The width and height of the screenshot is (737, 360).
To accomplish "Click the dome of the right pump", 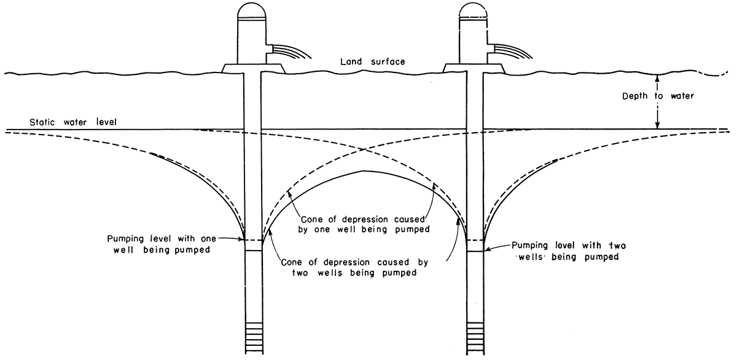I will (474, 10).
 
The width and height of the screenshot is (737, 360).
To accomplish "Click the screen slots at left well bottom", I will (253, 335).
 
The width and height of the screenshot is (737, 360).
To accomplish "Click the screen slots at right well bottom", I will (475, 335).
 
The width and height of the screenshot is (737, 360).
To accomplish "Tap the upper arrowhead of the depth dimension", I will (658, 77).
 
